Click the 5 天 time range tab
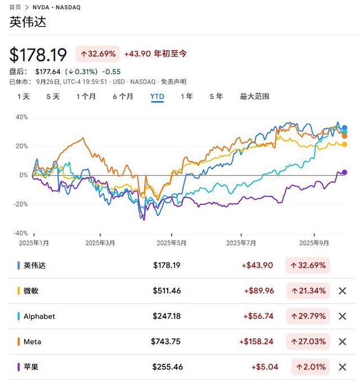pos(53,96)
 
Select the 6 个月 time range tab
pos(123,96)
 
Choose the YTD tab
pos(157,96)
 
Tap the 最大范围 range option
pos(254,96)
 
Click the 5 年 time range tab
pos(216,96)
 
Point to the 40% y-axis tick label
pos(21,117)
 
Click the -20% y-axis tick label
pos(20,204)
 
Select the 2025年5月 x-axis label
pos(170,243)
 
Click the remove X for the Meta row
pos(342,342)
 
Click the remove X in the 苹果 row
pos(342,367)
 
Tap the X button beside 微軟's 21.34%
pos(342,291)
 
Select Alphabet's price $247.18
pos(166,316)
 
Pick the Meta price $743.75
pos(165,342)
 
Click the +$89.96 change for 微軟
pos(258,291)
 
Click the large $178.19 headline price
pos(38,55)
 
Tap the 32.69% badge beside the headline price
pos(98,54)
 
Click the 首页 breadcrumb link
pos(15,7)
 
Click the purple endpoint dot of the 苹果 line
pos(345,172)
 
